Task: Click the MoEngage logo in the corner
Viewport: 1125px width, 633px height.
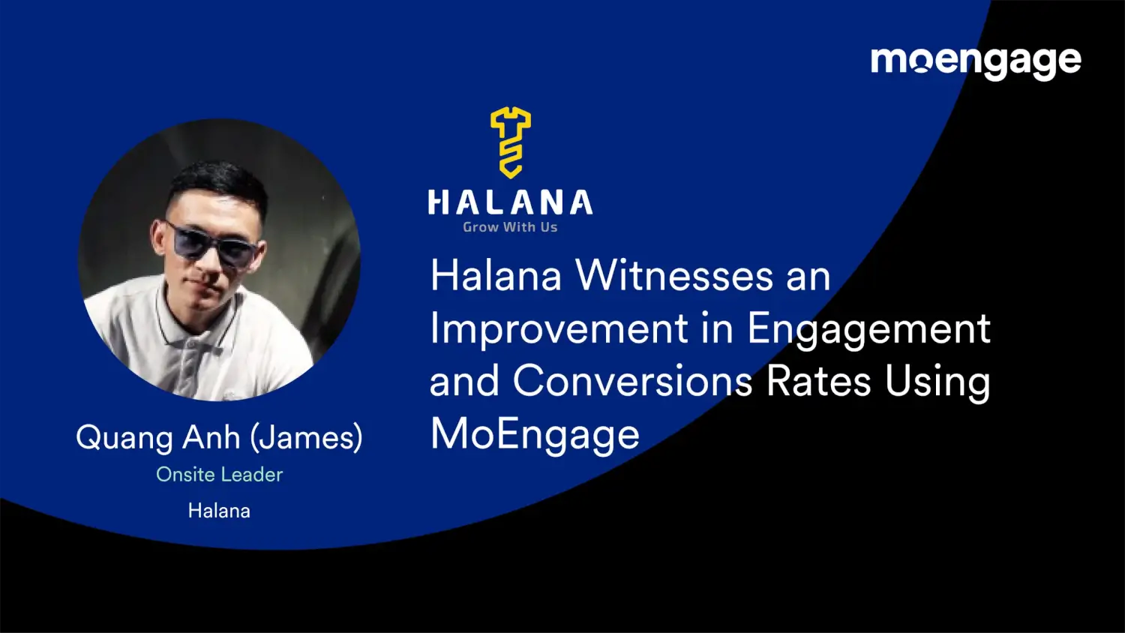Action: [975, 61]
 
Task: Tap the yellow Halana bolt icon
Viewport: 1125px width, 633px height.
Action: [511, 142]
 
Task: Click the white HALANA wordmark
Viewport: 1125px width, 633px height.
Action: [510, 202]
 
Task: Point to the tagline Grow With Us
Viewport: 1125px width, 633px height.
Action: [510, 227]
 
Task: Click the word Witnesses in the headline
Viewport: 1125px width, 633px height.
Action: [674, 275]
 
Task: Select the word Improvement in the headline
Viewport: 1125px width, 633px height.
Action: [559, 328]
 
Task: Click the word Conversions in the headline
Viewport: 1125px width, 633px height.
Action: [632, 381]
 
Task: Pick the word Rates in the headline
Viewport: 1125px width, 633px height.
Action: [819, 381]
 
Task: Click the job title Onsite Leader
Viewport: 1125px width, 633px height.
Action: [219, 475]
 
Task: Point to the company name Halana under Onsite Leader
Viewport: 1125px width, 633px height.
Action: [219, 511]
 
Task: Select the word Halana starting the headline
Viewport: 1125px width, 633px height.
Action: [496, 275]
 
